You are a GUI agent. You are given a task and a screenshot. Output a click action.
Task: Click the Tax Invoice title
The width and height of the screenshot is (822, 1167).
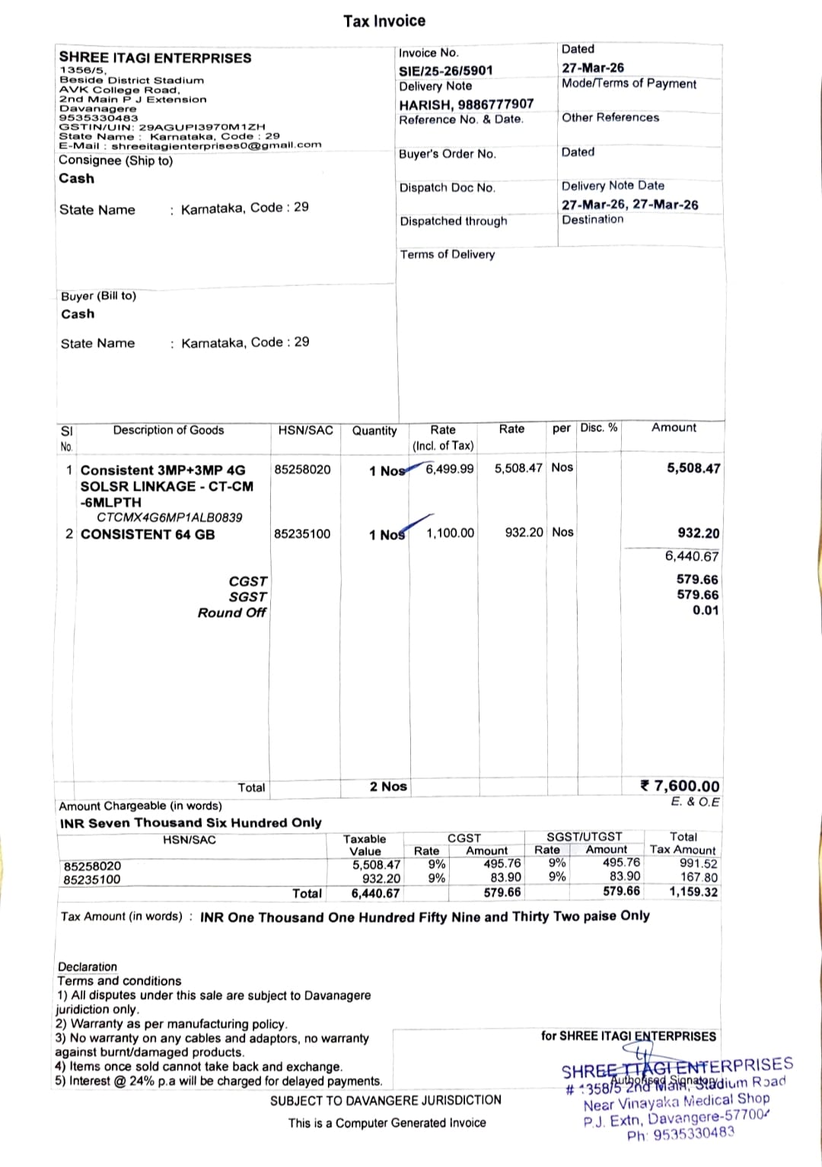tap(384, 21)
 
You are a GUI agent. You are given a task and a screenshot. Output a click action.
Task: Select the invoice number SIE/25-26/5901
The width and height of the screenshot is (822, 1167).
tap(446, 71)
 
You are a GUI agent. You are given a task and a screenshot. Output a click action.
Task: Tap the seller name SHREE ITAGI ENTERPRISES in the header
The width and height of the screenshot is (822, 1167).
tap(155, 58)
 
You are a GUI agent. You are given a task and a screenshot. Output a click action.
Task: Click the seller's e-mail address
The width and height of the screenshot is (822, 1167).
tap(216, 145)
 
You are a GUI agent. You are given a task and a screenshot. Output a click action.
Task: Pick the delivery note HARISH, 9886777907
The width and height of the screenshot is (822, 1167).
tap(467, 104)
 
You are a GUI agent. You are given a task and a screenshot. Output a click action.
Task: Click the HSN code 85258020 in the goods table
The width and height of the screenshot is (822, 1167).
tap(303, 469)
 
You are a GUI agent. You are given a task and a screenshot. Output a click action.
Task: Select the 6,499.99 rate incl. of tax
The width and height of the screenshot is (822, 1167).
tap(449, 469)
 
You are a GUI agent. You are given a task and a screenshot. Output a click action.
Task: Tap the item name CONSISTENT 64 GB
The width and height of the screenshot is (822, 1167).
tap(148, 534)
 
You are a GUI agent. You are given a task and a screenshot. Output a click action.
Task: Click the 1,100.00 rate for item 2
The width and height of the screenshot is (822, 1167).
tap(450, 533)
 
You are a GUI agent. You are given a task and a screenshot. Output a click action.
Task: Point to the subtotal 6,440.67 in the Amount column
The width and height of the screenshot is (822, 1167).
tap(691, 556)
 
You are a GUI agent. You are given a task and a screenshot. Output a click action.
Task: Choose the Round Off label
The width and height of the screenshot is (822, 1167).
tap(231, 613)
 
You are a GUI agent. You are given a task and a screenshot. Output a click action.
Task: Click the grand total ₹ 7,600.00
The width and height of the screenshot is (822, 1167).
tap(680, 786)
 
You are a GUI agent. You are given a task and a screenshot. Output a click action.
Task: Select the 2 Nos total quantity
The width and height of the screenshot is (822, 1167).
tap(388, 787)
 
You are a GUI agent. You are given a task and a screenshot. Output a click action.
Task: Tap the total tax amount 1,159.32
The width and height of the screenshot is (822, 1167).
tap(693, 892)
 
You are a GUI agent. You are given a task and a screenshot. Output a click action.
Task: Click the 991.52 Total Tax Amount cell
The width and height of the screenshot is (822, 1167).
tap(698, 863)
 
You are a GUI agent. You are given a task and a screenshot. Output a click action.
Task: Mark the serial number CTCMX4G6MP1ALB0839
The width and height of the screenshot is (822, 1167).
tap(169, 517)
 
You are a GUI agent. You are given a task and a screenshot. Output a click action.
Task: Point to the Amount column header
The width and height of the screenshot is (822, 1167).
tap(674, 428)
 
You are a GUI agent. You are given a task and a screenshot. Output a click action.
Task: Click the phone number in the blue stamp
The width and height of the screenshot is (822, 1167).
tap(681, 1134)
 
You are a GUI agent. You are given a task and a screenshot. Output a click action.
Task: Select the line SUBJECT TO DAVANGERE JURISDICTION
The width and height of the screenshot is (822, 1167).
tap(386, 1100)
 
